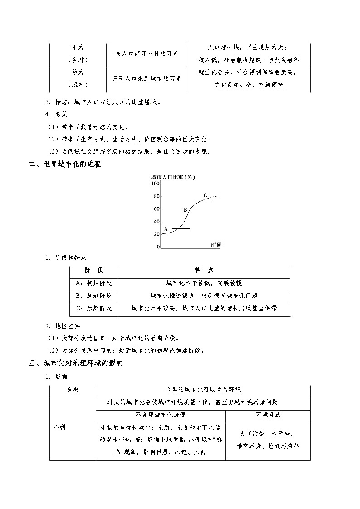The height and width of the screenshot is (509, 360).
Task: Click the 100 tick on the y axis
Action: (x=156, y=184)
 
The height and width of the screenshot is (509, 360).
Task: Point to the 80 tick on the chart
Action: (x=157, y=196)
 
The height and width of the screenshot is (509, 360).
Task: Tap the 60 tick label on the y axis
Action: (x=157, y=209)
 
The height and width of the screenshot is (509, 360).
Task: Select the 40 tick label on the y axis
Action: (x=157, y=222)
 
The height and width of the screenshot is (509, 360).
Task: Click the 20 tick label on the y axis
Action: (x=157, y=234)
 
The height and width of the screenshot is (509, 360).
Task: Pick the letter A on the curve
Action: (x=166, y=229)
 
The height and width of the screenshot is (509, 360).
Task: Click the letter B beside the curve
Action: (x=185, y=210)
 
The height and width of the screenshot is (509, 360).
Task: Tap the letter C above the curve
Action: (x=205, y=195)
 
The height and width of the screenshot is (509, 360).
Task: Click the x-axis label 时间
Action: (x=216, y=245)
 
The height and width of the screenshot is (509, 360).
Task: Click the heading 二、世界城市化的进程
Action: (x=65, y=165)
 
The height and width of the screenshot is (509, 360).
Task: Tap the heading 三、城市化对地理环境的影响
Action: (x=76, y=363)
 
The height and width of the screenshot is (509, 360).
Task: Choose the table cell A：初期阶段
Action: (x=94, y=283)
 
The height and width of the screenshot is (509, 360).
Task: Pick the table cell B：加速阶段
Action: (x=94, y=296)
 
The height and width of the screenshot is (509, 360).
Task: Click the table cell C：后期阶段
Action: (x=94, y=308)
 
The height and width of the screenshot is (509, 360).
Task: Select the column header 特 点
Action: (x=204, y=270)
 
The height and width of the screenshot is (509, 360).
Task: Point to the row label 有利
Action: (x=73, y=390)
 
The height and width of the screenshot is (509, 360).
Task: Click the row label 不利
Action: (x=60, y=427)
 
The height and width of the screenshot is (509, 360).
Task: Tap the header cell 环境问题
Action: (x=268, y=415)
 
